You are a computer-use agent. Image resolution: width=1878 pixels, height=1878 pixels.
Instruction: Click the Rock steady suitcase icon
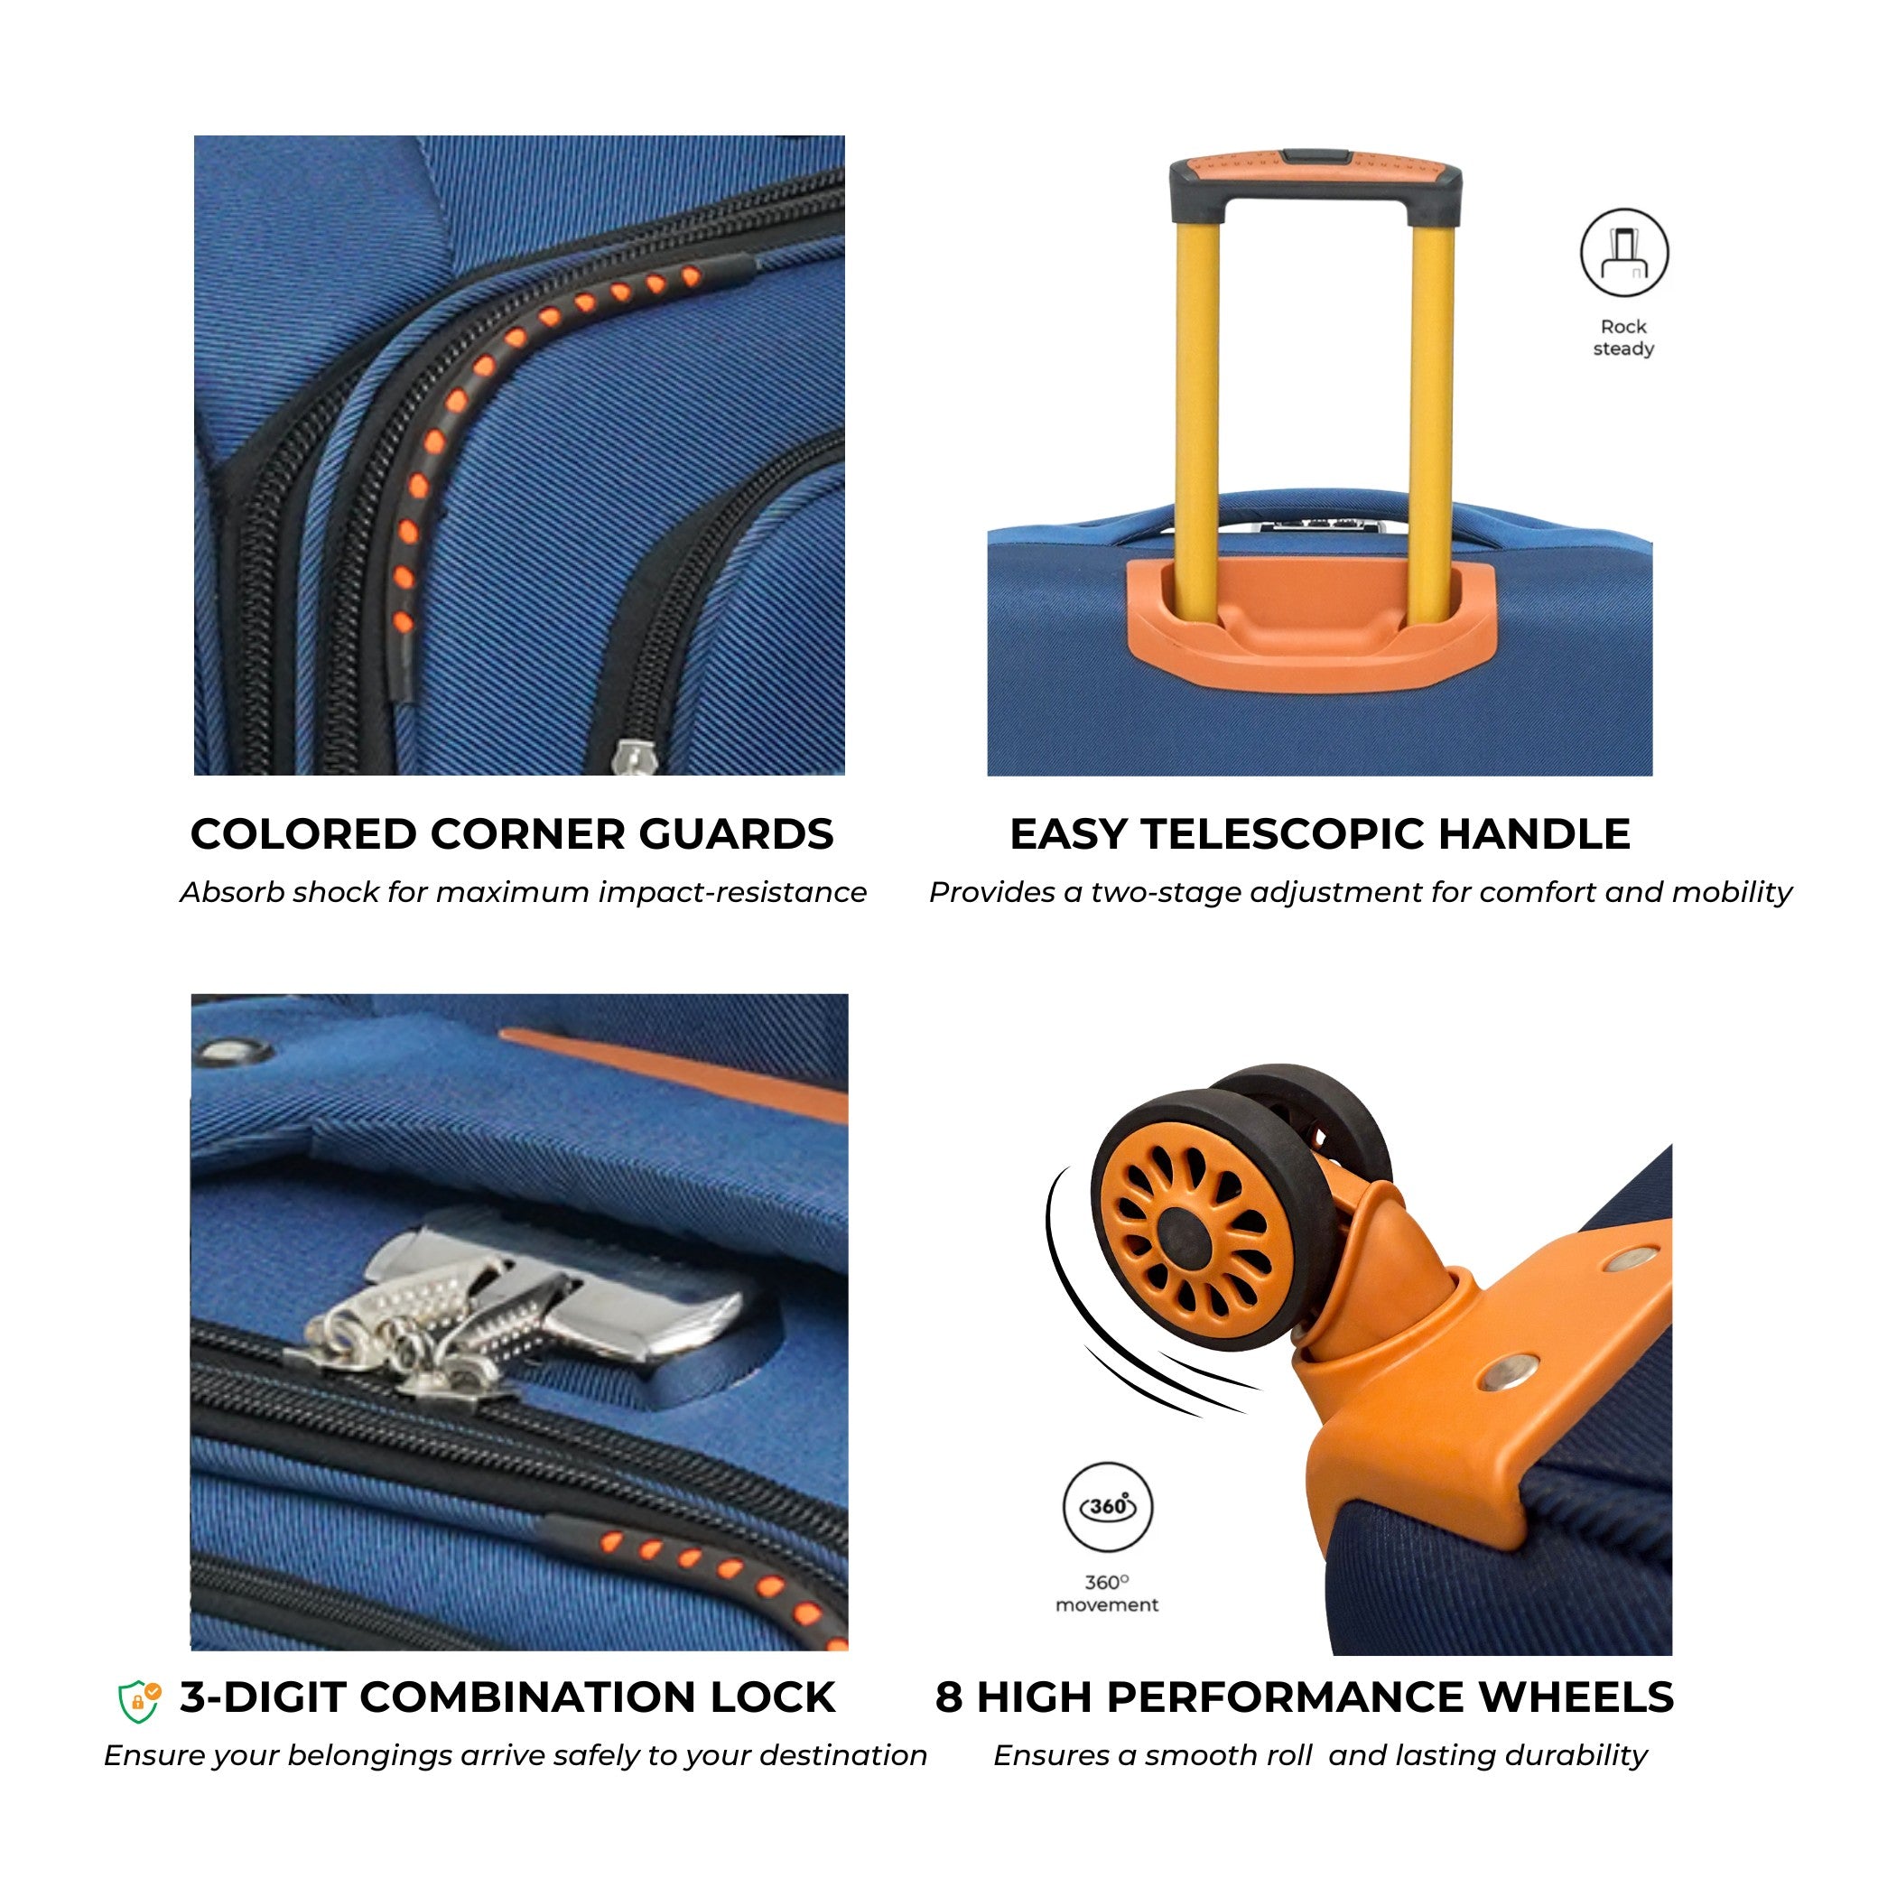point(1624,253)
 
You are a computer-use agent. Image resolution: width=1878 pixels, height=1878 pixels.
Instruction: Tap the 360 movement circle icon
point(1107,1507)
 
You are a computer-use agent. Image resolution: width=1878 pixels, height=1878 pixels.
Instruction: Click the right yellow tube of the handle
point(1433,408)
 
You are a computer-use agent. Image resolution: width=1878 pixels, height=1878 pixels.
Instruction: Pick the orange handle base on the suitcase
point(1310,623)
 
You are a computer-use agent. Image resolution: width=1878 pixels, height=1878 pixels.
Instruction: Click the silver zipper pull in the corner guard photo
point(637,758)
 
